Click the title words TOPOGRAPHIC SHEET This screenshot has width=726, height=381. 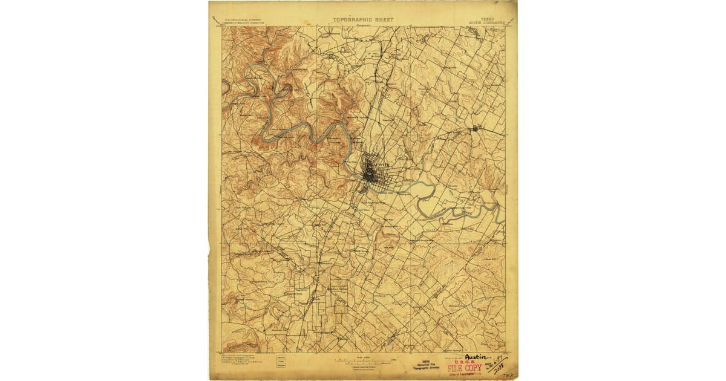tap(363, 19)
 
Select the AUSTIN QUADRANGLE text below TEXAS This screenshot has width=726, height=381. tap(485, 23)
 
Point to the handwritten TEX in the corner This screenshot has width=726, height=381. tap(507, 375)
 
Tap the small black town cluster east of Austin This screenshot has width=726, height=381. tap(476, 128)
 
